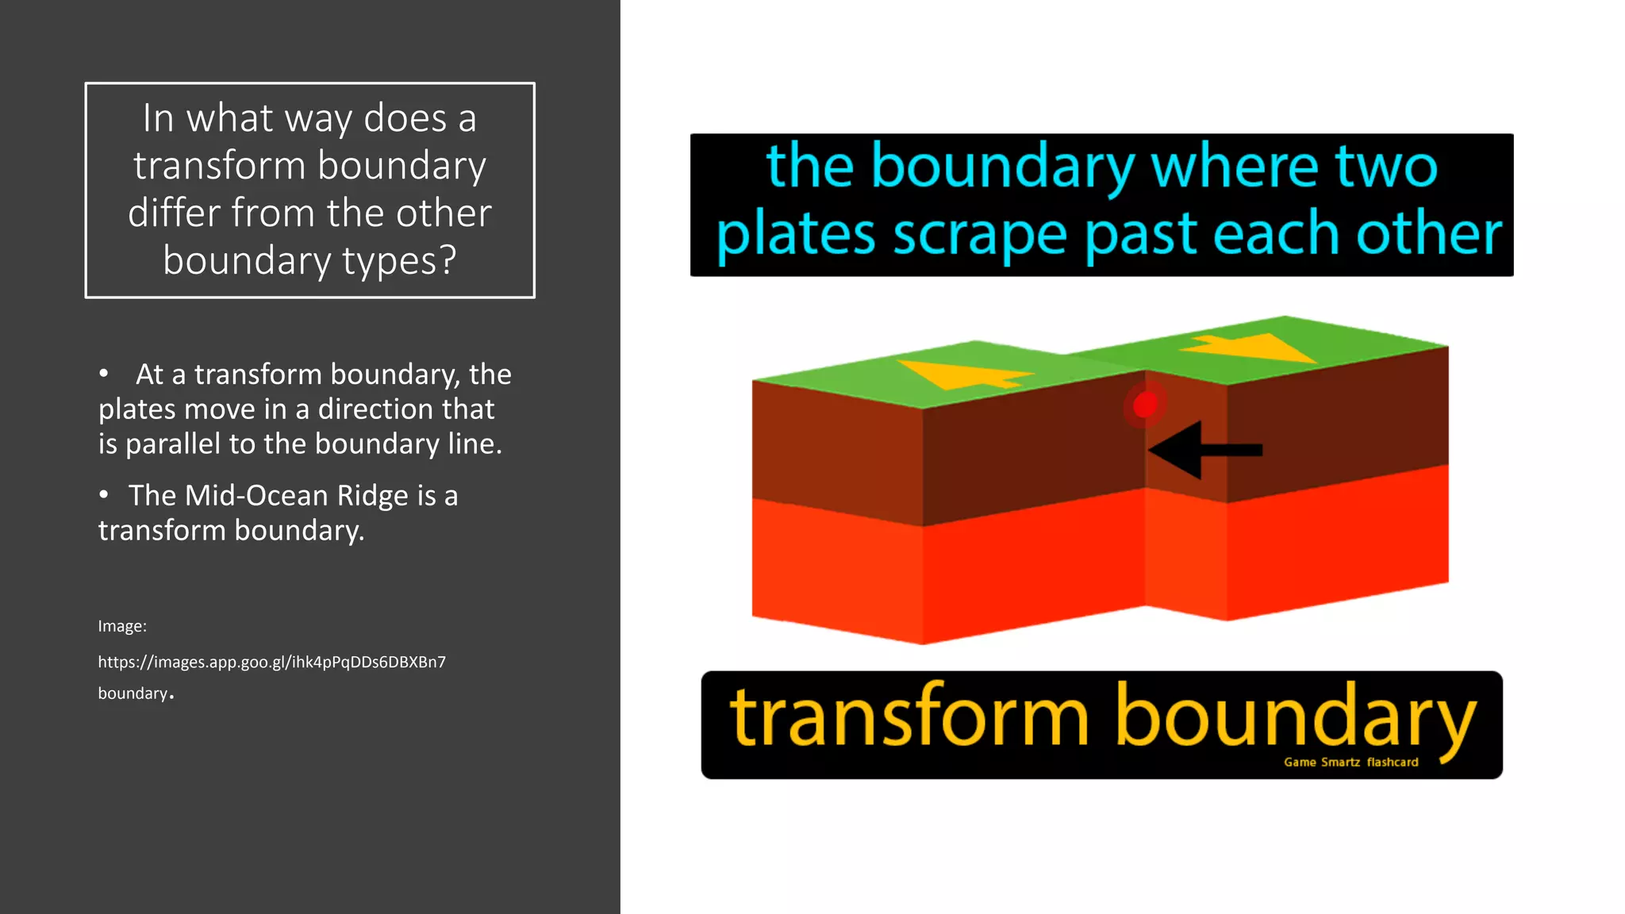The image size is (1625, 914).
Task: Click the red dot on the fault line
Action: pyautogui.click(x=1145, y=405)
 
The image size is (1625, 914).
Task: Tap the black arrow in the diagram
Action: pyautogui.click(x=1202, y=450)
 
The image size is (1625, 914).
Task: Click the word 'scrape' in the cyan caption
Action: pyautogui.click(x=980, y=235)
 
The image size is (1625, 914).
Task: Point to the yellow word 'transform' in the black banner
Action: pyautogui.click(x=909, y=717)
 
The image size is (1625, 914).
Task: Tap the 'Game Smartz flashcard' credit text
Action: pyautogui.click(x=1350, y=762)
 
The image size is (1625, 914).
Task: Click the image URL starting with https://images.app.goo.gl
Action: pyautogui.click(x=271, y=662)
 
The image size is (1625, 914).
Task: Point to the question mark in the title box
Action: pyautogui.click(x=448, y=260)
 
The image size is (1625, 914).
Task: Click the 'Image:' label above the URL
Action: pyautogui.click(x=122, y=626)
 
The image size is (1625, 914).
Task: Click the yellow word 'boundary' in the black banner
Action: pyautogui.click(x=1296, y=717)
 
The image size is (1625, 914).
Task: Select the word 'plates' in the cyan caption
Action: pyautogui.click(x=796, y=235)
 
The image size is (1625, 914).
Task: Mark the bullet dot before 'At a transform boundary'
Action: pyautogui.click(x=104, y=373)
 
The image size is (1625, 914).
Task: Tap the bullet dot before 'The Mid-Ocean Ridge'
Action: pyautogui.click(x=104, y=494)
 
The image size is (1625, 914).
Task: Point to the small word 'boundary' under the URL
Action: pyautogui.click(x=133, y=693)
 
